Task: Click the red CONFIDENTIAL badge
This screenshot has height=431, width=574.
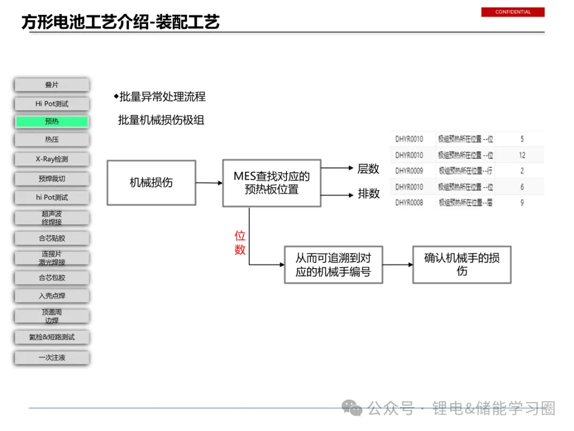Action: [x=513, y=12]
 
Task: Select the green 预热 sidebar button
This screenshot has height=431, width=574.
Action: [x=52, y=122]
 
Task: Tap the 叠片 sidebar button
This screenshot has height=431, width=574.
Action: [x=52, y=85]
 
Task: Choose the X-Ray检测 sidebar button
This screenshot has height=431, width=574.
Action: [x=52, y=159]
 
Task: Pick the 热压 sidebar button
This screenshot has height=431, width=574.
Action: [x=52, y=140]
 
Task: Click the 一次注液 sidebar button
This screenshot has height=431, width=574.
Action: [x=52, y=358]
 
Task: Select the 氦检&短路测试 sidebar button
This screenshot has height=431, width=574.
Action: [x=52, y=337]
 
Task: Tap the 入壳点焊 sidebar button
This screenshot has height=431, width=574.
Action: [x=52, y=296]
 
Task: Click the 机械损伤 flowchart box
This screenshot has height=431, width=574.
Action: [x=151, y=183]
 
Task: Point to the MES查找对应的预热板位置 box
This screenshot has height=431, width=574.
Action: [x=272, y=183]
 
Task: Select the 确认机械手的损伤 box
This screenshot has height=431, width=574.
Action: [x=461, y=264]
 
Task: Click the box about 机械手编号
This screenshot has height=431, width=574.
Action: [x=333, y=265]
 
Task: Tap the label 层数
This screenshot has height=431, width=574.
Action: [x=368, y=169]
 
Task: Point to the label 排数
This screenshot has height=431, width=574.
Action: [x=368, y=194]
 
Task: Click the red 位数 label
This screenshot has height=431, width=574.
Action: [x=240, y=243]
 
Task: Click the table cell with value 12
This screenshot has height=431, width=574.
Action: [x=522, y=155]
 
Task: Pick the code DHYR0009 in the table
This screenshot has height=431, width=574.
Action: [x=409, y=171]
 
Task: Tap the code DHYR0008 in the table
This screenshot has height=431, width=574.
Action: [x=409, y=203]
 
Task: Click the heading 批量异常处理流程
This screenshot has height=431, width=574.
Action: [x=162, y=97]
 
